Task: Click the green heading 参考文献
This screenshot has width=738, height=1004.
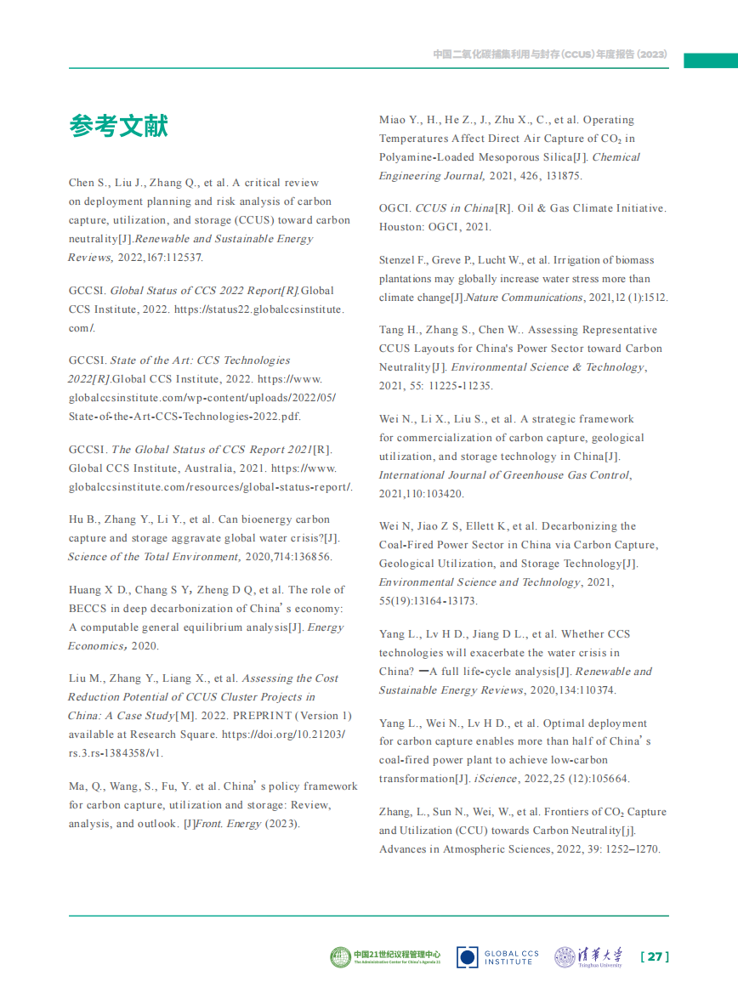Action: (x=118, y=127)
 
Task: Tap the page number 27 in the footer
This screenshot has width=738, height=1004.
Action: (x=654, y=957)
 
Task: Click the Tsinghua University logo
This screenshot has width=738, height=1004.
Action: (x=588, y=957)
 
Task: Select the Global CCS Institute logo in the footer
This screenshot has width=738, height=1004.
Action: (x=498, y=957)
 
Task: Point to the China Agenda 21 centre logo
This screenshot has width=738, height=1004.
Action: (x=385, y=957)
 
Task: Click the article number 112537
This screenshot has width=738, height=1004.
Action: (x=182, y=257)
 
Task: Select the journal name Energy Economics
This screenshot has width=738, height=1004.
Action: (x=97, y=646)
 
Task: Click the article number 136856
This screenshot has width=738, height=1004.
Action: (x=310, y=557)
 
